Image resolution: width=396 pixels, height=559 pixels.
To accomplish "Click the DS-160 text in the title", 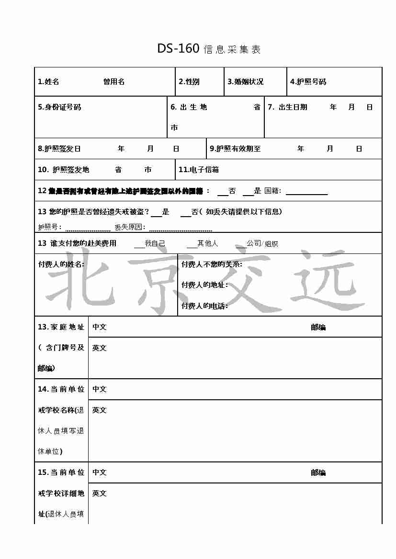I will [178, 49].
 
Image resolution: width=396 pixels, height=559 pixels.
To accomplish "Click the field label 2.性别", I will [189, 82].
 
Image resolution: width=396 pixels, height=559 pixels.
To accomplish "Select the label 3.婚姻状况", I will [245, 82].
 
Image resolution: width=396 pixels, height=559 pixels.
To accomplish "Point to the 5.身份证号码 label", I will [59, 107].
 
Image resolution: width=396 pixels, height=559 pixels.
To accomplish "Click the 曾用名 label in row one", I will [114, 82].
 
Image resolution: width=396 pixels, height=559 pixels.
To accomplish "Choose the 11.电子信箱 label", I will [198, 170].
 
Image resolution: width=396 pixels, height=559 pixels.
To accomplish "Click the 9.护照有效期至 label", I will [235, 149].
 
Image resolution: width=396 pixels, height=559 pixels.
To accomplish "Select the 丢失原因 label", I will [129, 228].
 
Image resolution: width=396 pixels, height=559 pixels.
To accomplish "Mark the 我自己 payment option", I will [155, 243].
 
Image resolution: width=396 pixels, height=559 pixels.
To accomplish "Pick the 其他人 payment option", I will [207, 243].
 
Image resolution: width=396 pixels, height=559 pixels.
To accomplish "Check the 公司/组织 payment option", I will [262, 243].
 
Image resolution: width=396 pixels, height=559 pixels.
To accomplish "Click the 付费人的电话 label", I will [204, 306].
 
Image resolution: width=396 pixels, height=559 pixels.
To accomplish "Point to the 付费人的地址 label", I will [204, 285].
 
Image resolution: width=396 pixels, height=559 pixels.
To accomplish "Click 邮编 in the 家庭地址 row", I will [318, 328].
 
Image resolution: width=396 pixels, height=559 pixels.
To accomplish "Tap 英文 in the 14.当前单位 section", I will [100, 410].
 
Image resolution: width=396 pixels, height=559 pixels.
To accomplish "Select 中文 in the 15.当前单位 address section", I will [100, 472].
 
